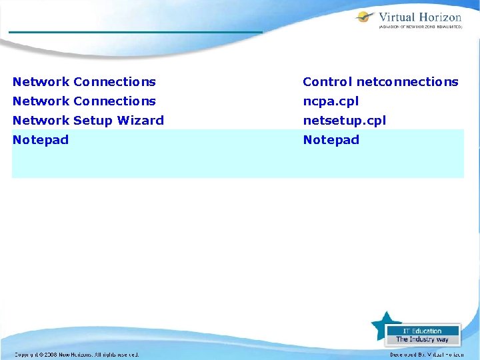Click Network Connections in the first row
click(x=84, y=82)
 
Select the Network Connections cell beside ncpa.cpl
click(x=84, y=101)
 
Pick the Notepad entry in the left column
click(x=41, y=140)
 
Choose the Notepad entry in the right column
click(x=331, y=140)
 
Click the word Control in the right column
click(x=327, y=82)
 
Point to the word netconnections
click(x=407, y=82)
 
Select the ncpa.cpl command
click(x=331, y=101)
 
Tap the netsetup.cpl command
click(x=344, y=121)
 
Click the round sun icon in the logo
click(x=364, y=17)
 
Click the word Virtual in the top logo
click(x=398, y=17)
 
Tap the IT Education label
click(x=422, y=331)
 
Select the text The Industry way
click(x=422, y=339)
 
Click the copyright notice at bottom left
click(x=77, y=355)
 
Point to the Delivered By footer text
click(x=427, y=355)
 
